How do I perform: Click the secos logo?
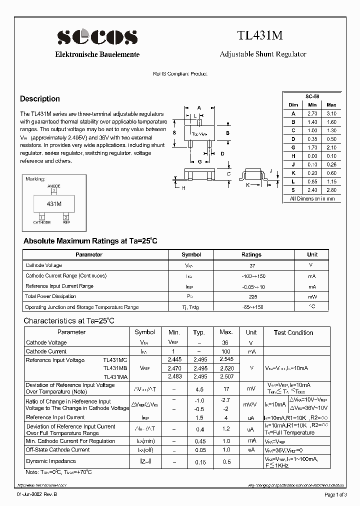click(97, 37)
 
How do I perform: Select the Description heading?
click(40, 99)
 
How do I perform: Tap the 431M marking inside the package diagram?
click(54, 204)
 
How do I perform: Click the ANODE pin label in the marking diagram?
click(54, 185)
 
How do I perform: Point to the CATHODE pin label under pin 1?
click(42, 222)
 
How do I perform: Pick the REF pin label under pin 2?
click(66, 222)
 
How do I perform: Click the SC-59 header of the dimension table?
click(312, 96)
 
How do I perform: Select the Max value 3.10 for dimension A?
click(331, 113)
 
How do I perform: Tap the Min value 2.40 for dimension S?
click(312, 190)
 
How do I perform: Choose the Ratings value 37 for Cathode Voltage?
click(251, 266)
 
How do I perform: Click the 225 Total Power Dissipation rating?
click(251, 296)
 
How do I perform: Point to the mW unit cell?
click(312, 296)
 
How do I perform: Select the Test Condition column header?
click(293, 332)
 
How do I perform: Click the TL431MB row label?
click(115, 368)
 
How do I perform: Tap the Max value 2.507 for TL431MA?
click(226, 376)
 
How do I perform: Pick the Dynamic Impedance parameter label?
click(51, 461)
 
